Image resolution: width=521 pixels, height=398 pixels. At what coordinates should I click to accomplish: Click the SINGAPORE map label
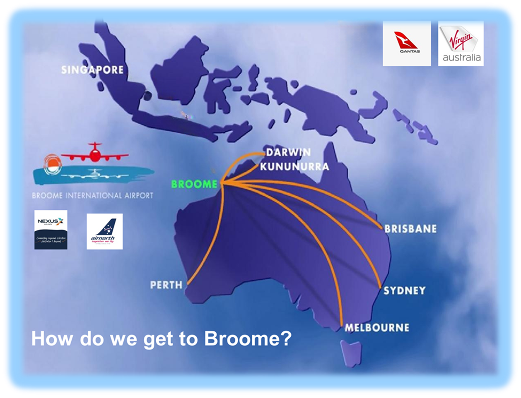[92, 70]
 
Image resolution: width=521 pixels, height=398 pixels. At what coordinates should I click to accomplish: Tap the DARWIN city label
[288, 153]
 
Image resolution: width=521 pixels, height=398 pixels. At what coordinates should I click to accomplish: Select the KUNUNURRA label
[294, 167]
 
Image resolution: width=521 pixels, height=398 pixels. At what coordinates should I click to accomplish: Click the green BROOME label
[194, 184]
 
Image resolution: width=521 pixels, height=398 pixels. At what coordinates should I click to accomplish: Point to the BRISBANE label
[410, 229]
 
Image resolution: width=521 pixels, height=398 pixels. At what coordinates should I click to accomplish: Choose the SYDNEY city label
[404, 290]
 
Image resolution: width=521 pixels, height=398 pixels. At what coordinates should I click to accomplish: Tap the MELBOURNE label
[377, 328]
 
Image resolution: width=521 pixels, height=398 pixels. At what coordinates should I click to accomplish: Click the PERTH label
[166, 285]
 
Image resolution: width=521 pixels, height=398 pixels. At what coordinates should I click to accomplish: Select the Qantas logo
[406, 43]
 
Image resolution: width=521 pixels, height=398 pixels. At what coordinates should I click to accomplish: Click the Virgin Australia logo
[461, 43]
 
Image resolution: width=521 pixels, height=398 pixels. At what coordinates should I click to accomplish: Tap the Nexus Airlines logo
[51, 230]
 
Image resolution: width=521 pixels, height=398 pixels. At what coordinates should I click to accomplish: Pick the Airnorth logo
[104, 232]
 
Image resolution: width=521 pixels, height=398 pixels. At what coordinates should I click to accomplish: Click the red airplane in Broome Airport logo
[95, 153]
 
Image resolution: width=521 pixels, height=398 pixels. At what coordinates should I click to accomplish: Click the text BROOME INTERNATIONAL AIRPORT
[92, 196]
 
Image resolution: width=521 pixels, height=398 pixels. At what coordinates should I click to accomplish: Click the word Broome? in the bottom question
[248, 339]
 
